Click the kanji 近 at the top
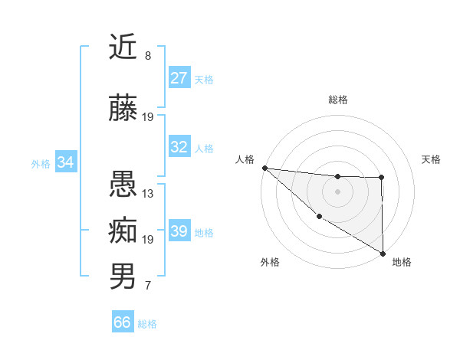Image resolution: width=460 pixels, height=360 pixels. click(123, 47)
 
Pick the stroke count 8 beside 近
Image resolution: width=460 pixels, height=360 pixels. click(147, 56)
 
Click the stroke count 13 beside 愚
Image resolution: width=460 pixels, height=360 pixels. click(148, 193)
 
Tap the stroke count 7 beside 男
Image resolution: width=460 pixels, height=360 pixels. click(147, 286)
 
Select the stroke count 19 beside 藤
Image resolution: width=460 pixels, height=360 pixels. click(148, 117)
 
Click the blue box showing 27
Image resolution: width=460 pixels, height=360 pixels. click(179, 78)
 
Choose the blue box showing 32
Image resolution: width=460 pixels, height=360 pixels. click(179, 147)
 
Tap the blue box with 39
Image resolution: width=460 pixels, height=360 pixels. click(179, 231)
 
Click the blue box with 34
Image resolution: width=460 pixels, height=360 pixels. click(66, 162)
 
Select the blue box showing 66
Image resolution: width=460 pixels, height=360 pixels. click(123, 322)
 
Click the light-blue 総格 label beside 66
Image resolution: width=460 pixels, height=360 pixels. click(148, 324)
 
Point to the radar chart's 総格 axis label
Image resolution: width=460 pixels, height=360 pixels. click(338, 100)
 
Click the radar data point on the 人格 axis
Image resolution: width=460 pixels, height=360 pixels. click(264, 168)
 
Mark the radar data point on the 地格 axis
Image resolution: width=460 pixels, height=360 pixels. click(382, 252)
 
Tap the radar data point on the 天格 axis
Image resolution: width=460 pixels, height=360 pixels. click(382, 178)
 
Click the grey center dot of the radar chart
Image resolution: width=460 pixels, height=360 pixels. click(338, 191)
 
